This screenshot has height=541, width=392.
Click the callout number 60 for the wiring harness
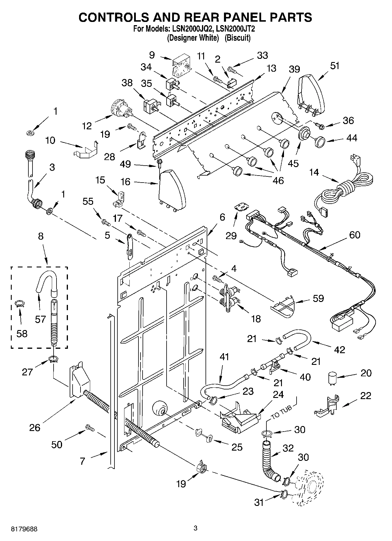(355, 235)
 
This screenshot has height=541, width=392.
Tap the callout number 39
(294, 69)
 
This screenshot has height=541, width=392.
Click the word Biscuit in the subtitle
(237, 38)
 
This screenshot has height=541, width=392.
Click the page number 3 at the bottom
(196, 528)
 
